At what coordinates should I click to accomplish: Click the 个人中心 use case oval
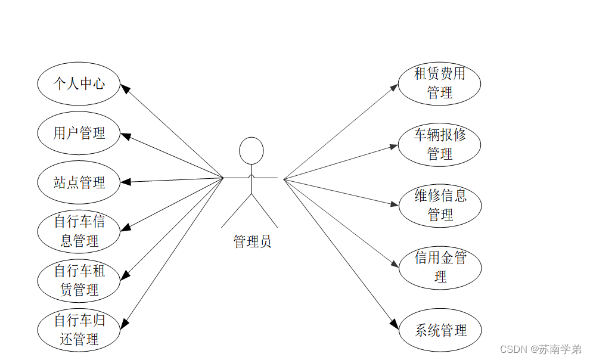[79, 83]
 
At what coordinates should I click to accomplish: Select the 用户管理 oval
[79, 133]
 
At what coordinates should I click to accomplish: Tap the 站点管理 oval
[79, 182]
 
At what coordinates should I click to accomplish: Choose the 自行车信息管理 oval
[79, 231]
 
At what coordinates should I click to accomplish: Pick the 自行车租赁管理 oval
[79, 281]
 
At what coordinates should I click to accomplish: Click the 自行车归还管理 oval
[79, 330]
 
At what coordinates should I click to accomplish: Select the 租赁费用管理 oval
[439, 83]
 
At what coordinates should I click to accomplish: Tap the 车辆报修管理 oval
[439, 144]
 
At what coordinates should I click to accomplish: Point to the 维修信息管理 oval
[439, 205]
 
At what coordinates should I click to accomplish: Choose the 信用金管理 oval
[439, 267]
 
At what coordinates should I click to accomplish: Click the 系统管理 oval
[439, 330]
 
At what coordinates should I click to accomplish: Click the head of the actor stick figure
[251, 150]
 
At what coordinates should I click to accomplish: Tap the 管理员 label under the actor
[252, 241]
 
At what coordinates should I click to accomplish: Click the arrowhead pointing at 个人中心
[125, 89]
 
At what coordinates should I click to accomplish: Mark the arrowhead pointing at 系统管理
[394, 325]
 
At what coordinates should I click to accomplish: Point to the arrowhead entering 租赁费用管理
[394, 87]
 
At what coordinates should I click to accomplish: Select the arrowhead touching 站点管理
[125, 182]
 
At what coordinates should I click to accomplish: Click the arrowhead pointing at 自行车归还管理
[125, 324]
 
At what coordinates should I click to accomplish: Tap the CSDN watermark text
[540, 349]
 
